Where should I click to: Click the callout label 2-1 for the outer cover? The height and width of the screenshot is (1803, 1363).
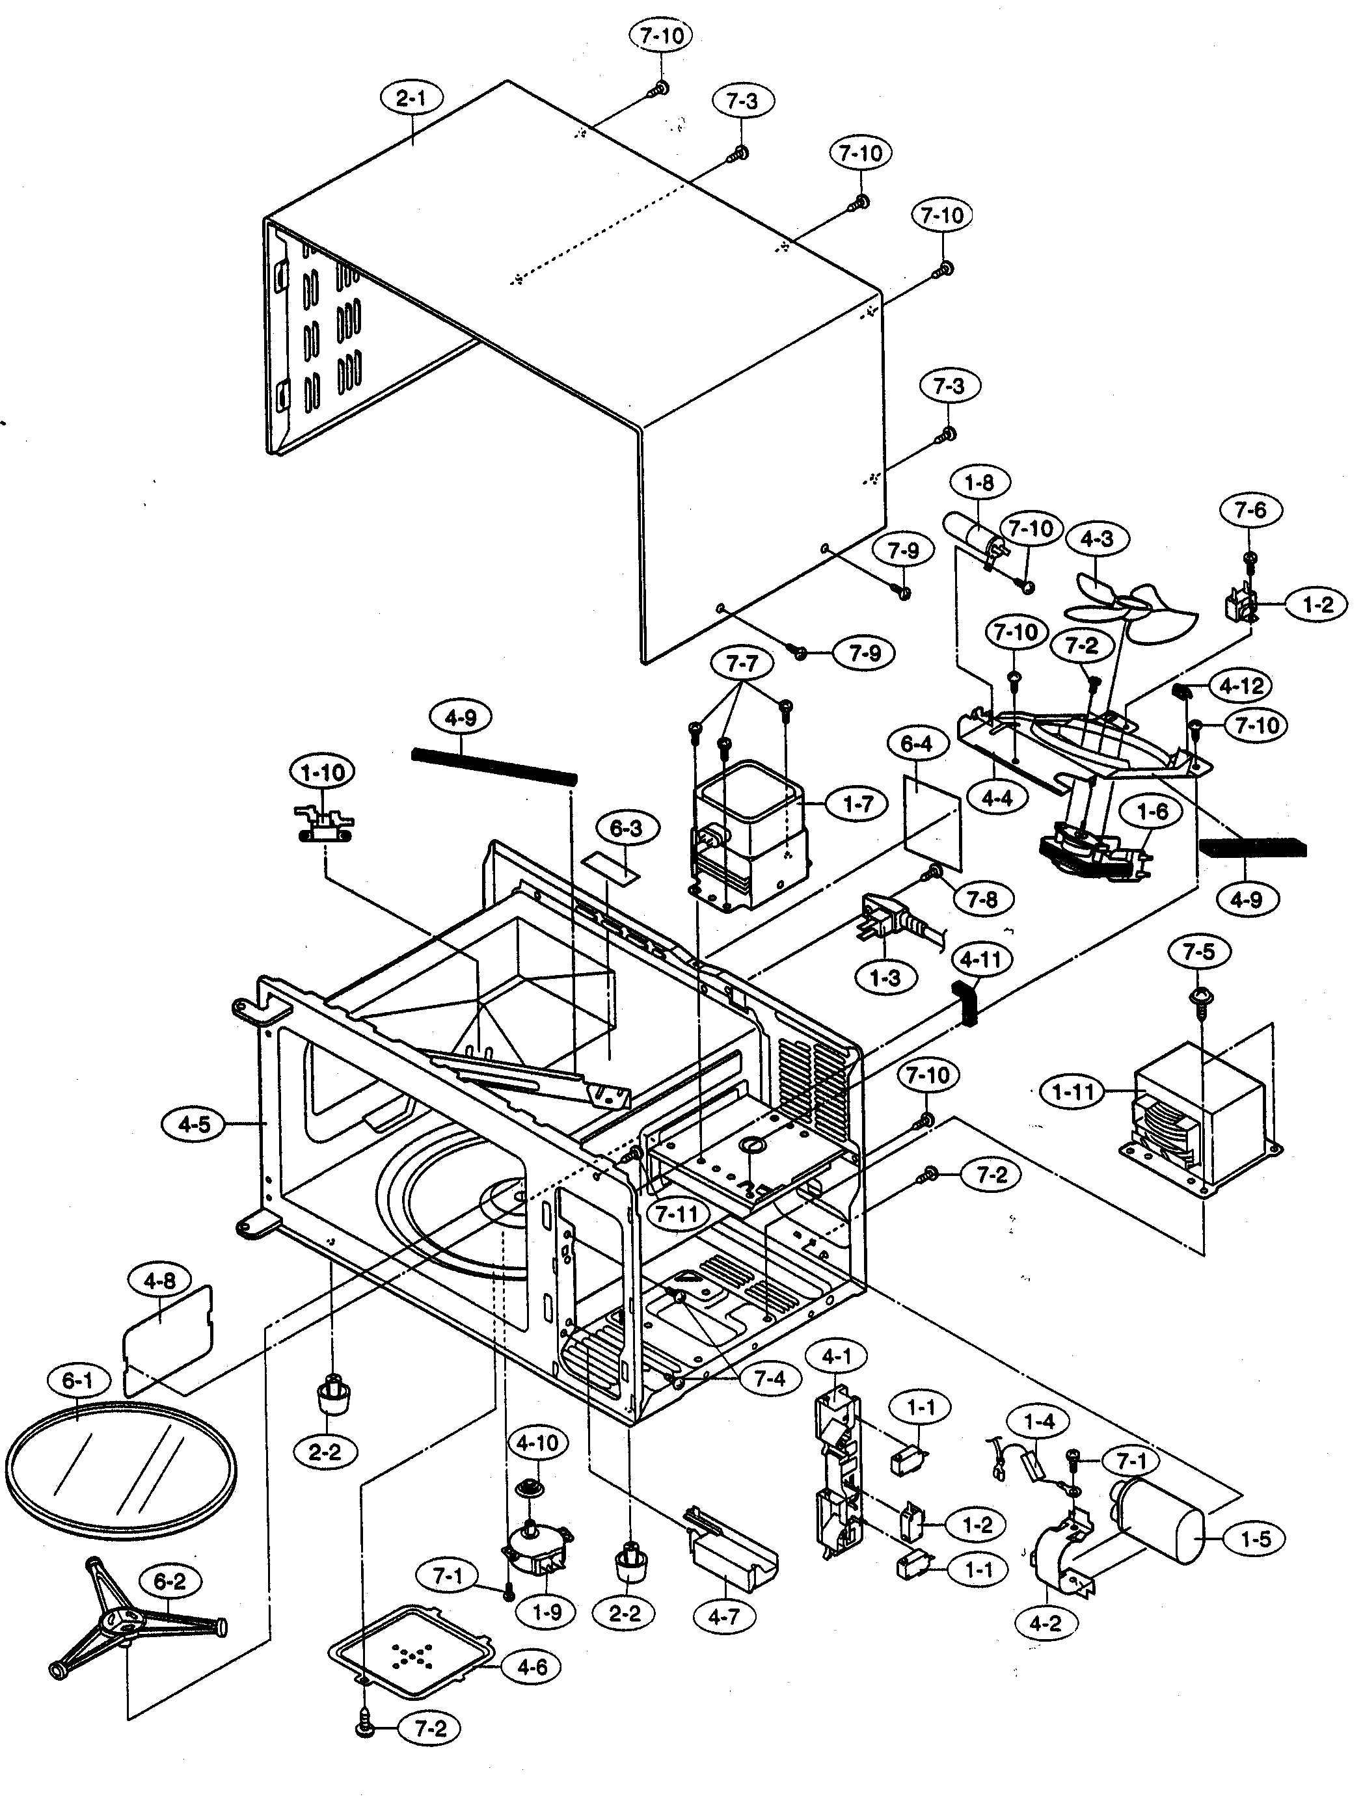(x=411, y=100)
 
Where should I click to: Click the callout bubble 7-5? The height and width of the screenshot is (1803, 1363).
(x=1198, y=951)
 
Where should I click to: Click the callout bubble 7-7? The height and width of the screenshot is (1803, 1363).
(x=741, y=664)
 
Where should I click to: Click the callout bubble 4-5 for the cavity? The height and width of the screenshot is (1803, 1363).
(x=194, y=1125)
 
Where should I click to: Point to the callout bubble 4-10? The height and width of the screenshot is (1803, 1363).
(x=537, y=1443)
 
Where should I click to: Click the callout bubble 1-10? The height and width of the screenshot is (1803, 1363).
(x=323, y=772)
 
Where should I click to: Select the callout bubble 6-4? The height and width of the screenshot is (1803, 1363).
(x=915, y=744)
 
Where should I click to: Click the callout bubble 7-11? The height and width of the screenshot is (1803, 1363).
(x=677, y=1214)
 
